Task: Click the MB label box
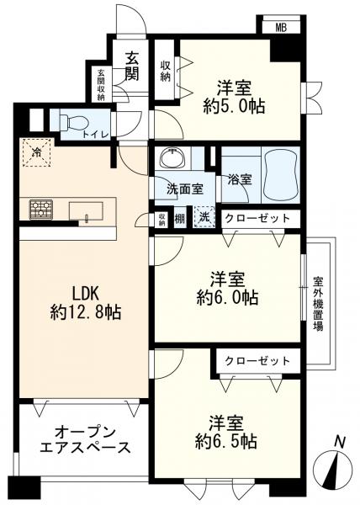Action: [280, 28]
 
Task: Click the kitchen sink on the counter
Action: [87, 210]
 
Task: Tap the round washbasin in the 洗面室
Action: [175, 159]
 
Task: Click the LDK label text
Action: [86, 295]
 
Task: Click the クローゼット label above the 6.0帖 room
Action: [257, 218]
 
